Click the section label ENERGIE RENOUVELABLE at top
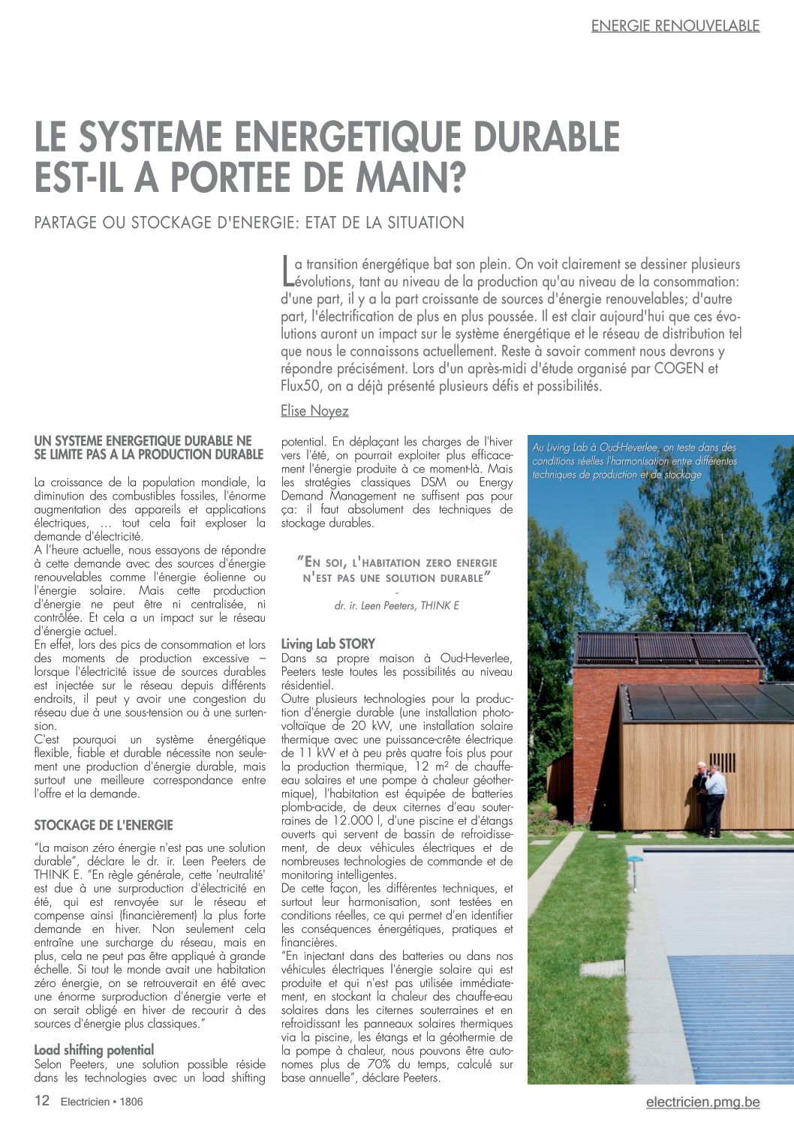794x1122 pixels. click(x=675, y=25)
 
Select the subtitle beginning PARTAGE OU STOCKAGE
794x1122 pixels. click(x=249, y=223)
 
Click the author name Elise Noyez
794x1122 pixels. click(x=314, y=411)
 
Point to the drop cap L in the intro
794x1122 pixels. click(x=287, y=271)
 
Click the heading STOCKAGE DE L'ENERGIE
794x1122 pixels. click(x=104, y=825)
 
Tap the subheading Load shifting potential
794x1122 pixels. click(x=94, y=1050)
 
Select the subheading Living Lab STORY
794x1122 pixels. click(x=328, y=643)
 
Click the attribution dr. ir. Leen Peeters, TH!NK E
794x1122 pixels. click(x=396, y=605)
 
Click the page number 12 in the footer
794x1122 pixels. click(x=42, y=1101)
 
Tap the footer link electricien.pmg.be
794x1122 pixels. click(x=702, y=1102)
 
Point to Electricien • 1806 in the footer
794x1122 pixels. click(x=102, y=1102)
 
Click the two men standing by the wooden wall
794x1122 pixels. click(x=710, y=797)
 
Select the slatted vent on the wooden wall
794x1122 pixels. click(x=722, y=762)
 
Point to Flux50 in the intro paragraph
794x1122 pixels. click(x=301, y=386)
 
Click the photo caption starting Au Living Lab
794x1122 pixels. click(x=634, y=460)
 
